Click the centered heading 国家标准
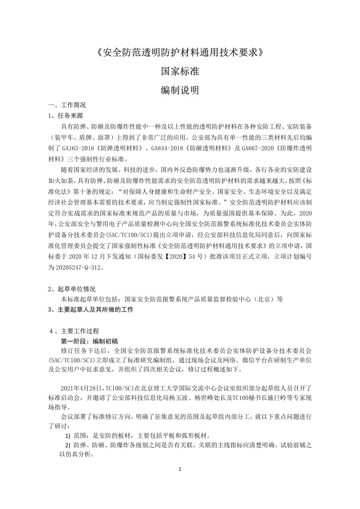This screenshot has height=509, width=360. (x=180, y=71)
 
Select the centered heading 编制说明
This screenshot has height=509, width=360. (x=180, y=90)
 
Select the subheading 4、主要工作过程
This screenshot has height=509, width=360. (x=74, y=331)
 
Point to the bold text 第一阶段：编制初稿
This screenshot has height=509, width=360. (x=89, y=341)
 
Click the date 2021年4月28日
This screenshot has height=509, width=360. (x=81, y=388)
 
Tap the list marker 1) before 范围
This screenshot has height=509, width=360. (x=68, y=436)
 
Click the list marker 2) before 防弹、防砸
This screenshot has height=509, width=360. (x=68, y=445)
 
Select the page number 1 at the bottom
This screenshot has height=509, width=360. (x=180, y=470)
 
